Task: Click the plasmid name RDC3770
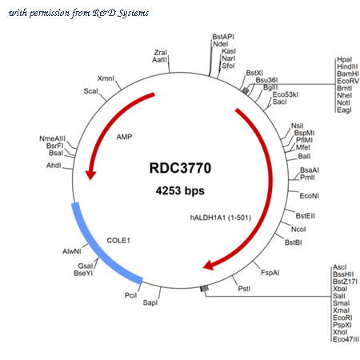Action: (x=180, y=168)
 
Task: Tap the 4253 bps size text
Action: (x=180, y=190)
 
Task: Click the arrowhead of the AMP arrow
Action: (x=90, y=174)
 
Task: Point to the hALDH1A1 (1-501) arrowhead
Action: (x=209, y=265)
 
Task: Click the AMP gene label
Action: (x=124, y=137)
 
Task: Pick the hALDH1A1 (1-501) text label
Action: (x=221, y=218)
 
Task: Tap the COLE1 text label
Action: (x=118, y=241)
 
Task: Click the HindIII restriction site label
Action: (x=347, y=66)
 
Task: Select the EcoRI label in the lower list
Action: (x=342, y=318)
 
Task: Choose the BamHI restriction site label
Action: (x=348, y=74)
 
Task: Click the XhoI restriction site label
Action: (x=340, y=332)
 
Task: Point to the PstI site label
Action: (x=244, y=289)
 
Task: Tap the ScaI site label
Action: (x=91, y=91)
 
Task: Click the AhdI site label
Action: (x=54, y=166)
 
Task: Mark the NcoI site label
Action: (x=298, y=230)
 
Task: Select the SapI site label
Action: (x=150, y=302)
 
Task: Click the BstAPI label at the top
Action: (x=223, y=37)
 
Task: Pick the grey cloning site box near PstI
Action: (x=205, y=289)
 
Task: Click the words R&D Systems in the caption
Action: (x=121, y=13)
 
